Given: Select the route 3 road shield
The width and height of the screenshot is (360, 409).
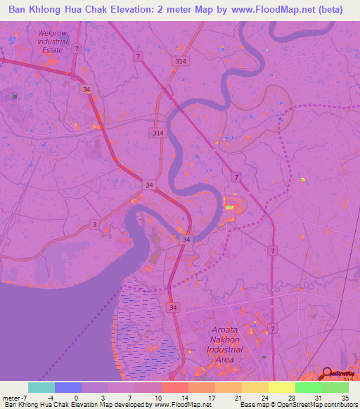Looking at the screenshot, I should tap(94, 224).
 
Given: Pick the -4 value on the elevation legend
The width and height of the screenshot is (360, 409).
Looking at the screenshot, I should tap(49, 398).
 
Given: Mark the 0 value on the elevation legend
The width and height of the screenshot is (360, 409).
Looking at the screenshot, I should tap(76, 398).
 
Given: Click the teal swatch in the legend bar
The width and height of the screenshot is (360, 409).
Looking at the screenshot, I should tap(41, 387).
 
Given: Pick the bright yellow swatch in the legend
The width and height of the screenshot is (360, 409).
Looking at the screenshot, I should tap(281, 387).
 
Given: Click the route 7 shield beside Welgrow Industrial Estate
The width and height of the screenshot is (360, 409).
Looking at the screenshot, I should tap(77, 48).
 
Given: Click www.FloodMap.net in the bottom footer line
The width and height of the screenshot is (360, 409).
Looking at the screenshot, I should tap(183, 405).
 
